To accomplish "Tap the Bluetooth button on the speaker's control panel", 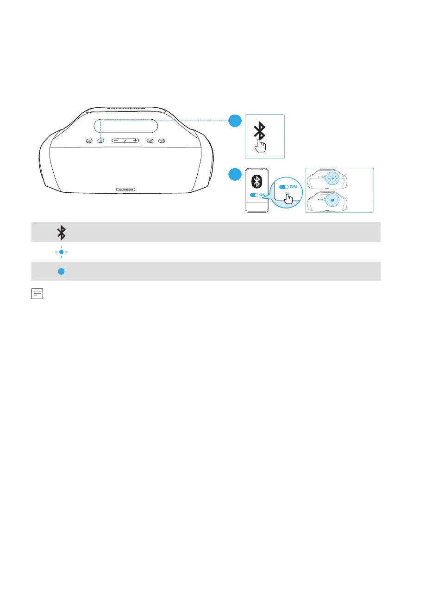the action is [101, 140].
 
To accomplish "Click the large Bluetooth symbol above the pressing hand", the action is [261, 130].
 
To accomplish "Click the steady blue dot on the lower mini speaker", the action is [332, 201].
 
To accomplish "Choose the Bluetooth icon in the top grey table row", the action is [61, 232].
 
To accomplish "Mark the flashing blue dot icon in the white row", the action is [61, 252].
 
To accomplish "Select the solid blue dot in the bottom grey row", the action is [61, 272].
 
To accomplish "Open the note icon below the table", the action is [37, 294].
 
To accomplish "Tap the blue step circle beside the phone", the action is [235, 175].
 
